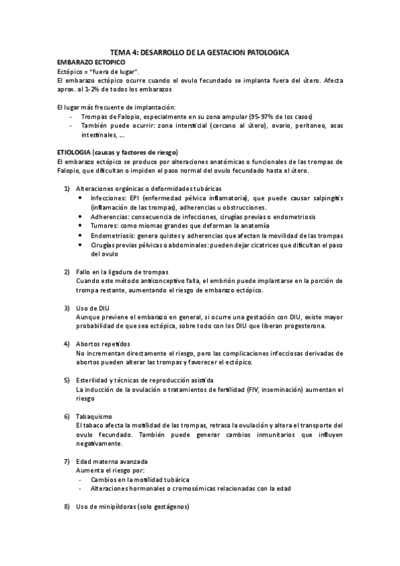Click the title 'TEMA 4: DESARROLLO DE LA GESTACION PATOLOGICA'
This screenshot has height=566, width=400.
point(200,52)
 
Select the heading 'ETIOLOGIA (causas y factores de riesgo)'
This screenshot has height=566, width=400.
point(122,151)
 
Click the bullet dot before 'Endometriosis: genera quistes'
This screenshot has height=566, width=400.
point(81,236)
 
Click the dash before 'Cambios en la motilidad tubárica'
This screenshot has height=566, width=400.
point(80,479)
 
